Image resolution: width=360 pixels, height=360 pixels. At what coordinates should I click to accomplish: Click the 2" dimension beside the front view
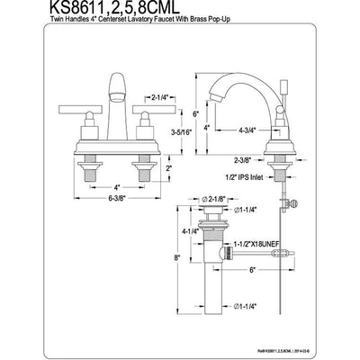171,168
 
